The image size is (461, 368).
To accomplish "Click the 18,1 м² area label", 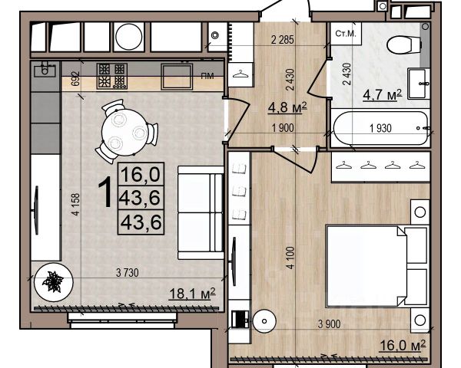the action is (193, 294).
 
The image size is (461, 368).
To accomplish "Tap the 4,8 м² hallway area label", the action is (287, 107).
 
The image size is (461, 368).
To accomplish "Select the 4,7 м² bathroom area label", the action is (382, 94).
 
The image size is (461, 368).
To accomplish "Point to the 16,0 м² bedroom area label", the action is (403, 346).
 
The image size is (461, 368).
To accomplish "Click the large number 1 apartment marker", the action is (105, 192).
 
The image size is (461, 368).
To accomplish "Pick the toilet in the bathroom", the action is (404, 45).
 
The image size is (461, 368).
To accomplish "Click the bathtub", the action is (380, 128).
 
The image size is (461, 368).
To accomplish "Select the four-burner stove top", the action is (112, 77).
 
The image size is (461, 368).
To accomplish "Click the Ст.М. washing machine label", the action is (346, 34).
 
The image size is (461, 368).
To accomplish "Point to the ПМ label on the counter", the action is (207, 77).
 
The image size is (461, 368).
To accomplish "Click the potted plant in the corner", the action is (53, 282).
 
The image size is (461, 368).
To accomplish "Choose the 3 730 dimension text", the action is (127, 273).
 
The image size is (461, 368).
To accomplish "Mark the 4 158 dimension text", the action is (76, 205).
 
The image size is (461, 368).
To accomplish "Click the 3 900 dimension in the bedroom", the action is (330, 324).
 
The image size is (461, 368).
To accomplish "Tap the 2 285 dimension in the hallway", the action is (282, 40).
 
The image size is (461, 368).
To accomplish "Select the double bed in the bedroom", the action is (377, 266).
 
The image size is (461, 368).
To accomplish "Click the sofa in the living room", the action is (201, 213).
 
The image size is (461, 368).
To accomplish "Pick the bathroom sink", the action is (419, 84).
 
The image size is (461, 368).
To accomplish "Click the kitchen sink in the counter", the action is (45, 70).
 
